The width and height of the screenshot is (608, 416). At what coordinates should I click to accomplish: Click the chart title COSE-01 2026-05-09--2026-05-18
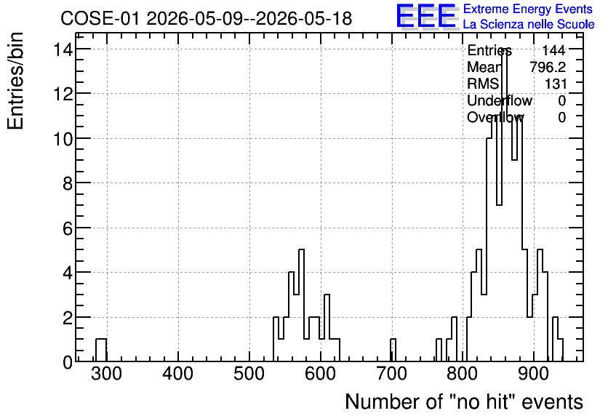207,18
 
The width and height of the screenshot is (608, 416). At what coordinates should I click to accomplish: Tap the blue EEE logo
426,16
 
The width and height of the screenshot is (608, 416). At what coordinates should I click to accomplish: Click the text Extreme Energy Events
528,9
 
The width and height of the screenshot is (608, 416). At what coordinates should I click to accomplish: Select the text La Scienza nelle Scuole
529,25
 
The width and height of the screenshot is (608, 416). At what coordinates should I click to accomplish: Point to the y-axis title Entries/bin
15,81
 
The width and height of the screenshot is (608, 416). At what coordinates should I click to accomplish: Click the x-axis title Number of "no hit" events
464,401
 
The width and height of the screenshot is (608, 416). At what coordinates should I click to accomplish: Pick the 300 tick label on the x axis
107,374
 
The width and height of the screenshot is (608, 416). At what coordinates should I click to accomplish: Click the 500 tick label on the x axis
249,374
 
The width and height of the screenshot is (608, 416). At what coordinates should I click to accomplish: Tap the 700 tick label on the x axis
391,374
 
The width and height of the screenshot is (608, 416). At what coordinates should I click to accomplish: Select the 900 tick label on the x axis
534,374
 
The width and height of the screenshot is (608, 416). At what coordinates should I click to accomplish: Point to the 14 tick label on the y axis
63,49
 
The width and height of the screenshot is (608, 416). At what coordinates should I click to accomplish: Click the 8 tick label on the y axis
68,183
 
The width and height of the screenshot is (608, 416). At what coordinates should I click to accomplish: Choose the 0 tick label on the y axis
68,362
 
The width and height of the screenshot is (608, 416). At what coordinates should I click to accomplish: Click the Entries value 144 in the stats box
553,50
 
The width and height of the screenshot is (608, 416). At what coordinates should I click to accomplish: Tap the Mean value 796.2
548,67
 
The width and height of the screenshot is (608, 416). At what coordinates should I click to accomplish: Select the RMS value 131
556,84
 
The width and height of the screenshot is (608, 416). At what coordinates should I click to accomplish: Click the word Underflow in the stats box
500,100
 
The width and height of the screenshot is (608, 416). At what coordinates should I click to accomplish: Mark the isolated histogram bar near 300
101,350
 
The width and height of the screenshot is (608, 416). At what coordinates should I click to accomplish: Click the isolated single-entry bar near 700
393,350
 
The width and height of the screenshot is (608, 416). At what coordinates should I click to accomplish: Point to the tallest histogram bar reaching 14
505,206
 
